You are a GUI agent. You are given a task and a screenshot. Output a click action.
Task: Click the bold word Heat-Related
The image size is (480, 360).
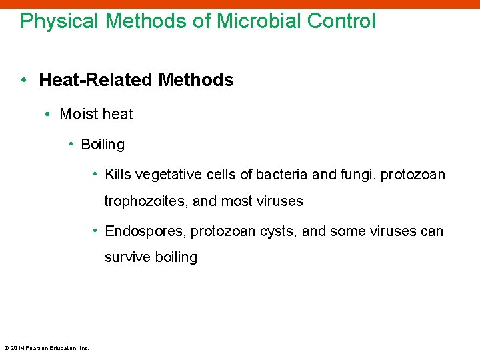pyautogui.click(x=97, y=81)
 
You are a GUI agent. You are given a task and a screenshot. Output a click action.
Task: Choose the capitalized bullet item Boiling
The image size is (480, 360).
pyautogui.click(x=103, y=145)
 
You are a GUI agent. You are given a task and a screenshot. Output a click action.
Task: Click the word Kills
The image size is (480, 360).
pyautogui.click(x=118, y=175)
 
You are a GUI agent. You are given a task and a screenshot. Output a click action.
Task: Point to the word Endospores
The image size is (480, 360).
pyautogui.click(x=145, y=231)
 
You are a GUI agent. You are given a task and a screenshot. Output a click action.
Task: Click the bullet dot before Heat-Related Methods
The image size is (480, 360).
pyautogui.click(x=24, y=81)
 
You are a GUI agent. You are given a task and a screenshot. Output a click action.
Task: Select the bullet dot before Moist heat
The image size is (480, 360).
pyautogui.click(x=48, y=115)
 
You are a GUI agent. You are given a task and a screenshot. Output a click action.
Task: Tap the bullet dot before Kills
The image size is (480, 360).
pyautogui.click(x=95, y=174)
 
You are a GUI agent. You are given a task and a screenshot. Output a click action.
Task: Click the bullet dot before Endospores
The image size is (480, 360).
pyautogui.click(x=95, y=231)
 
